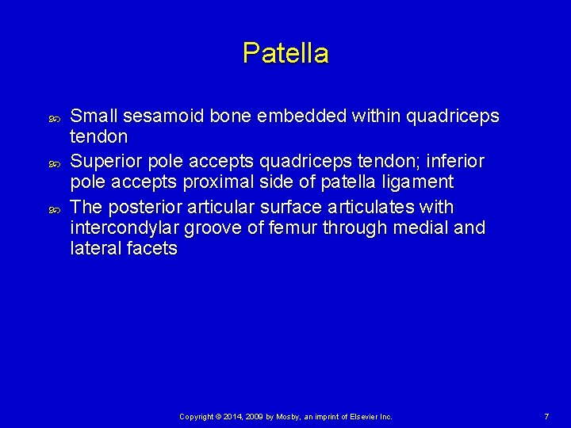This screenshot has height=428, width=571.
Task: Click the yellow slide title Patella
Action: point(285,54)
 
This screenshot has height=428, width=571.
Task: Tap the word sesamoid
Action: point(157,117)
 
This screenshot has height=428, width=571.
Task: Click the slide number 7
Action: point(546,416)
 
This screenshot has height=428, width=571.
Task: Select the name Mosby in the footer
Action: point(288,416)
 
